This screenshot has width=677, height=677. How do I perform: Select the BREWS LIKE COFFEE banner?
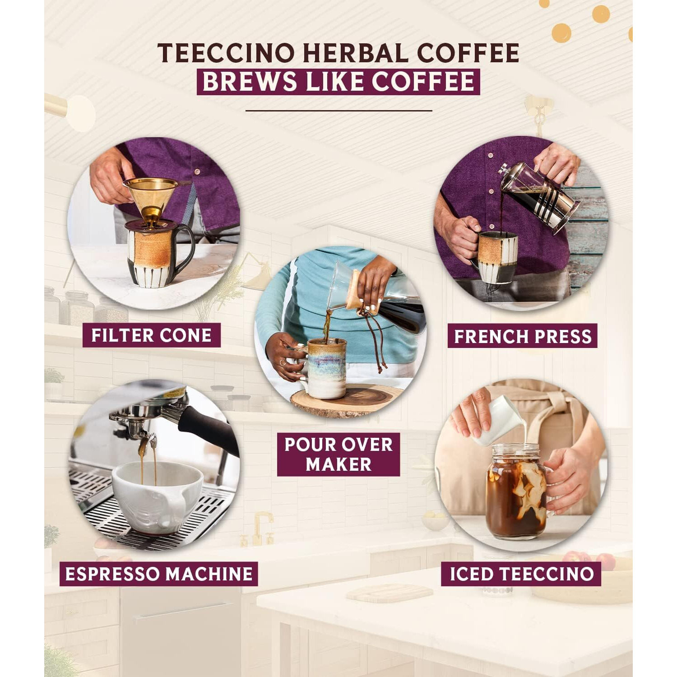pyautogui.click(x=338, y=82)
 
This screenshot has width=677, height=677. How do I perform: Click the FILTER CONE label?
pyautogui.click(x=151, y=335)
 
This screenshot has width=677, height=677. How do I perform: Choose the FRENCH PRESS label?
pyautogui.click(x=522, y=336)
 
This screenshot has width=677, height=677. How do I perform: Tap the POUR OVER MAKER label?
pyautogui.click(x=338, y=454)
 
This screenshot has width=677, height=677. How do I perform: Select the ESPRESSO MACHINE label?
pyautogui.click(x=158, y=574)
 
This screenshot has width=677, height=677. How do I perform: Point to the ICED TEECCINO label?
pyautogui.click(x=521, y=574)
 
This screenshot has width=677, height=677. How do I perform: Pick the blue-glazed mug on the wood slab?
pyautogui.click(x=326, y=368)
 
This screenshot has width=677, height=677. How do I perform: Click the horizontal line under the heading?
pyautogui.click(x=338, y=110)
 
